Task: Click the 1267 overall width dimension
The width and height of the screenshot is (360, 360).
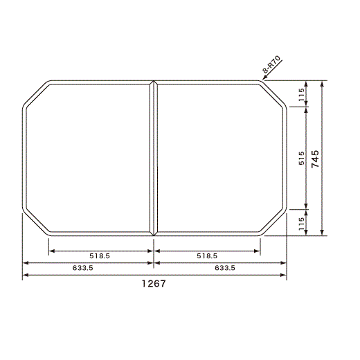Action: (x=154, y=283)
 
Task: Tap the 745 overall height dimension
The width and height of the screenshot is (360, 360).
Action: (x=315, y=159)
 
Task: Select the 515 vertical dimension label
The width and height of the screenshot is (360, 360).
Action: (x=301, y=158)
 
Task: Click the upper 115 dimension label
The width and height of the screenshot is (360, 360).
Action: (x=301, y=95)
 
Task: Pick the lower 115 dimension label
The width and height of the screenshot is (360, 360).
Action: (x=301, y=224)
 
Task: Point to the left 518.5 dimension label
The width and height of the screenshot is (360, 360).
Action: (x=100, y=255)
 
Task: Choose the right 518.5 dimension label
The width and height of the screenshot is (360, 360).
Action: (x=207, y=255)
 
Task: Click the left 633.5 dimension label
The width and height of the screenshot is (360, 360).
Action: (x=82, y=268)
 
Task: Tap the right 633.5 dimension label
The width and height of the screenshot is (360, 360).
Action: (x=225, y=268)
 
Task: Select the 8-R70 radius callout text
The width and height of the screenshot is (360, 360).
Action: (x=271, y=64)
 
